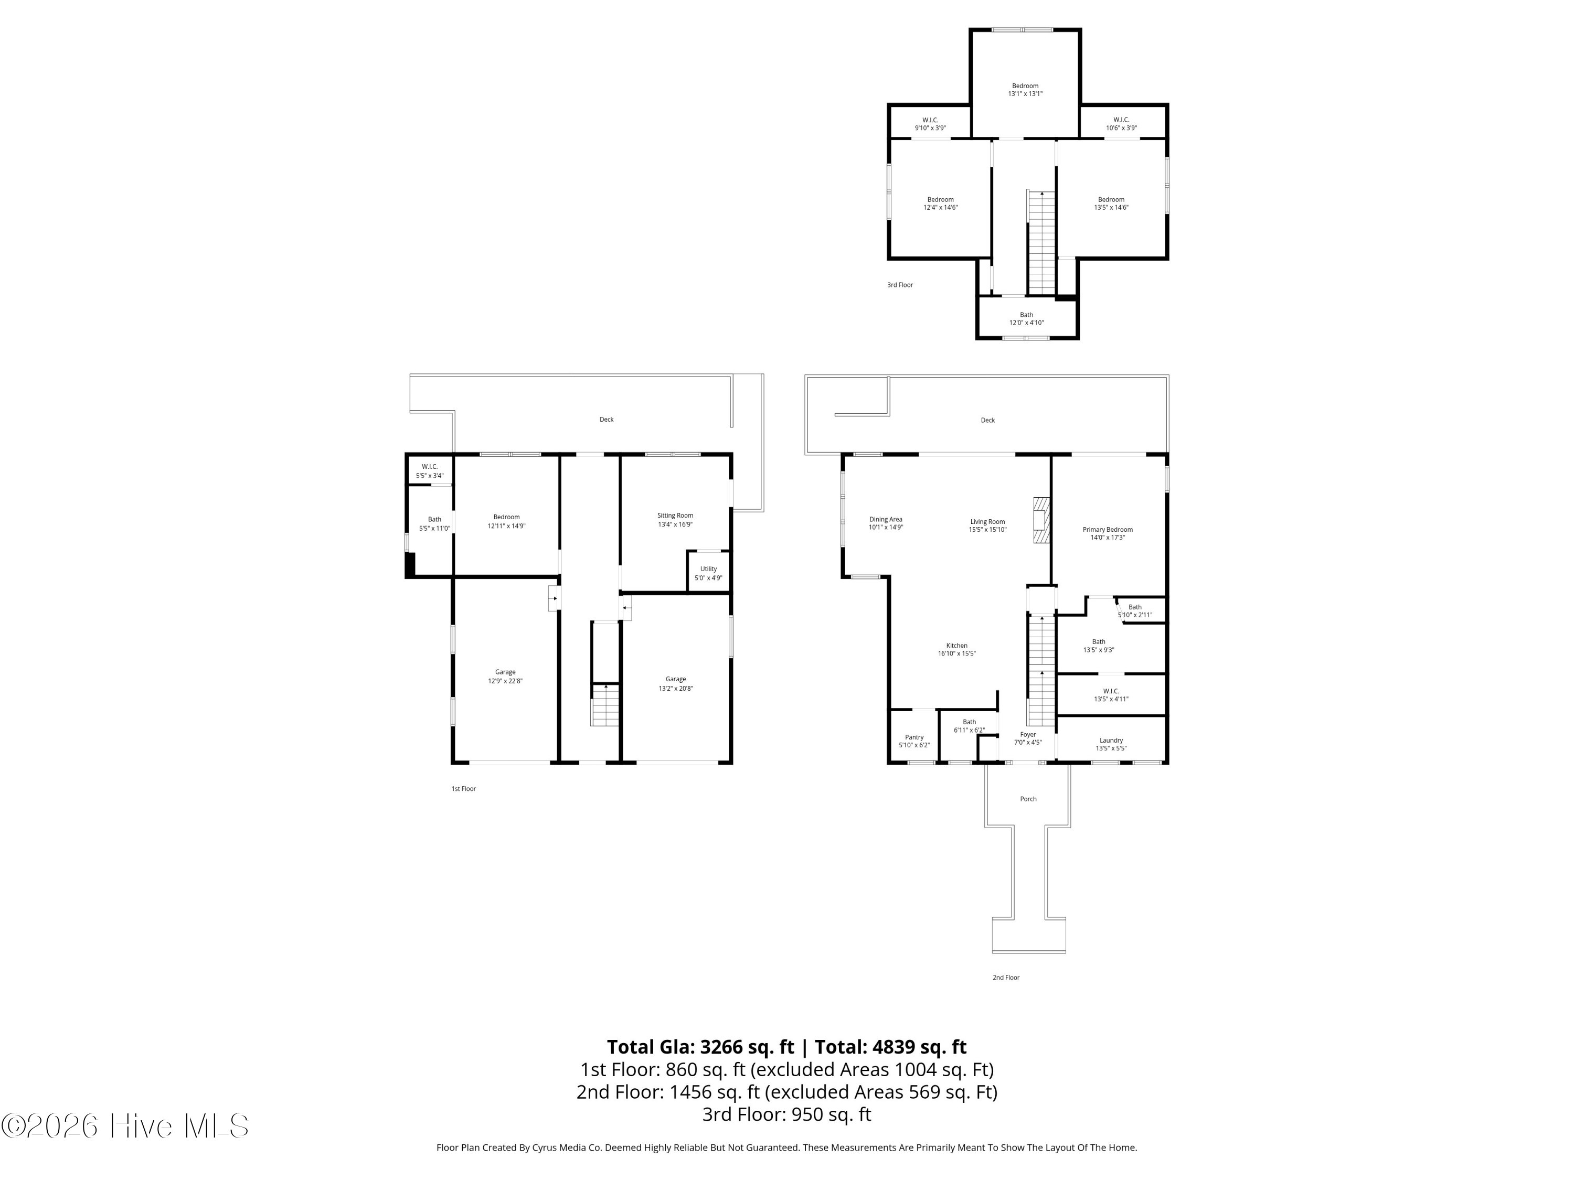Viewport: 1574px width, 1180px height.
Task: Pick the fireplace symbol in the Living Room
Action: [x=1041, y=520]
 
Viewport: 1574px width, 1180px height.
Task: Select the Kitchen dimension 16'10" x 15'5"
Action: [x=956, y=653]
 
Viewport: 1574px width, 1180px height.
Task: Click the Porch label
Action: [x=1028, y=799]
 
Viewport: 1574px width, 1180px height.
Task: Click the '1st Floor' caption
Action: [x=463, y=788]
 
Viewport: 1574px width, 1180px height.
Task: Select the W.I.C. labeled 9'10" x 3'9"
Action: [x=930, y=124]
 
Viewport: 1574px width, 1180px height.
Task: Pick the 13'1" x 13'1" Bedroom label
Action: [x=1025, y=90]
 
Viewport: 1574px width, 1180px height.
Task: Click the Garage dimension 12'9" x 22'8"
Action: [x=505, y=681]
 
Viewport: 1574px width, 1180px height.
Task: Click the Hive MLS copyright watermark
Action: [x=125, y=1126]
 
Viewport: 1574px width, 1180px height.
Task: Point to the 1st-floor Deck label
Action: [x=607, y=419]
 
